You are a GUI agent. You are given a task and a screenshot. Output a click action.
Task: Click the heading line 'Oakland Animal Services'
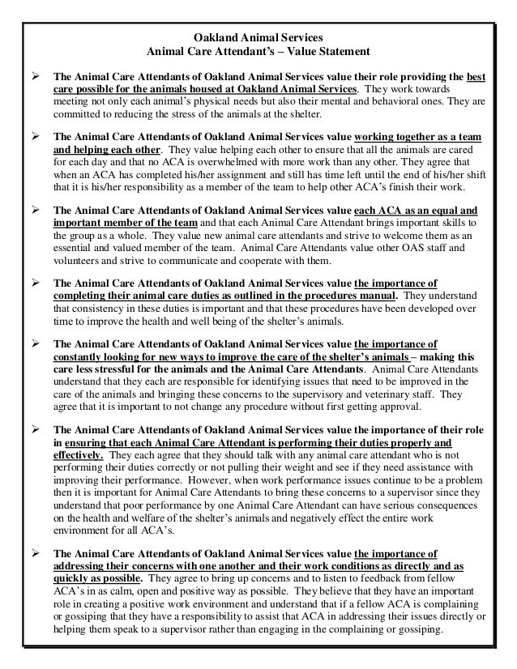coord(258,37)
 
